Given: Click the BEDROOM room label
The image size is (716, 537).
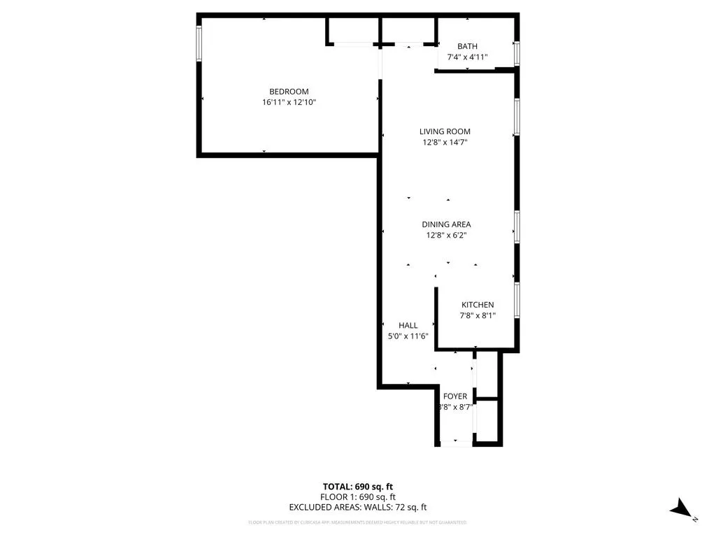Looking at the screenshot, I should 289,92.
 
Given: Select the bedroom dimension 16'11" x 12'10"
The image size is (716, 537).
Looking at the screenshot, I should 289,103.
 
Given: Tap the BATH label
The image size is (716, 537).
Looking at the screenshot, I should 467,47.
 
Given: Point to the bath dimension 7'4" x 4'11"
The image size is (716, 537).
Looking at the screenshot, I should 467,57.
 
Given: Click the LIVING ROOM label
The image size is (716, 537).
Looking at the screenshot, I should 445,131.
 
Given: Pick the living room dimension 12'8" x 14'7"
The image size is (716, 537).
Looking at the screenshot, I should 445,143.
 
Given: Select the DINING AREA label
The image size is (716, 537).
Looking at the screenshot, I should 446,224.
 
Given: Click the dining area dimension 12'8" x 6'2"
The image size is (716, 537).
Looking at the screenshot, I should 446,236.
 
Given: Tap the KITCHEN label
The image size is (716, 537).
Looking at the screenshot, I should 478,305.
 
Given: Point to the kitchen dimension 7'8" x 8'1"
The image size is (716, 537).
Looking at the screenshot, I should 478,316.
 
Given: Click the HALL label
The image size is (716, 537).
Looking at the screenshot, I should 408,325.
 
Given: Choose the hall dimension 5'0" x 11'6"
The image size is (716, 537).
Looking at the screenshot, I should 408,336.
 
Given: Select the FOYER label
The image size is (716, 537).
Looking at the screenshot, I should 455,396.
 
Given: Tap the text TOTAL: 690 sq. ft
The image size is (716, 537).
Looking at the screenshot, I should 357,486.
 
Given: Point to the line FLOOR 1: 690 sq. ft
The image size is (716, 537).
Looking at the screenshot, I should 357,496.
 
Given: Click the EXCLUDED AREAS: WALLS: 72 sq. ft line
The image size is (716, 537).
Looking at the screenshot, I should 357,508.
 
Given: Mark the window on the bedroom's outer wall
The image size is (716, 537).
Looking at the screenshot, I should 199,43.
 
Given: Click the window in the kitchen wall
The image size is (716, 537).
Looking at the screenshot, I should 517,301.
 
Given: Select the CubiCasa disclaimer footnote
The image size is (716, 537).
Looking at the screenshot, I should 357,522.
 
